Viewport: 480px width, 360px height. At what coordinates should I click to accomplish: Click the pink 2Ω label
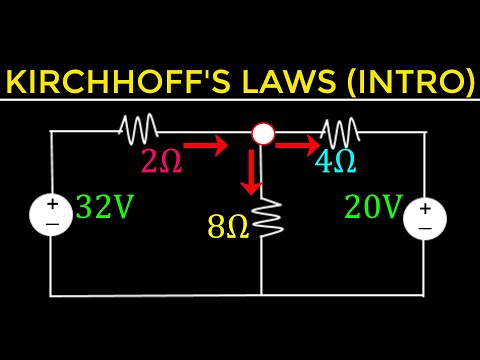(x=162, y=161)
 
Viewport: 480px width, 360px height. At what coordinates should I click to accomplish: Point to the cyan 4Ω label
(x=335, y=159)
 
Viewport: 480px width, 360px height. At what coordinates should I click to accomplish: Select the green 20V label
(x=373, y=207)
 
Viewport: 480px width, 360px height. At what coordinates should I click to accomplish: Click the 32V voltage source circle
(x=51, y=216)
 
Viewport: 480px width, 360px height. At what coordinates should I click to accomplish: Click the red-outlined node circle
(x=262, y=134)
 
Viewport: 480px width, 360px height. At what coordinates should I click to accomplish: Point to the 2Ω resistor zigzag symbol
(x=137, y=129)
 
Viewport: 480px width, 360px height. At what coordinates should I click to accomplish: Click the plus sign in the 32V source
(x=52, y=205)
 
